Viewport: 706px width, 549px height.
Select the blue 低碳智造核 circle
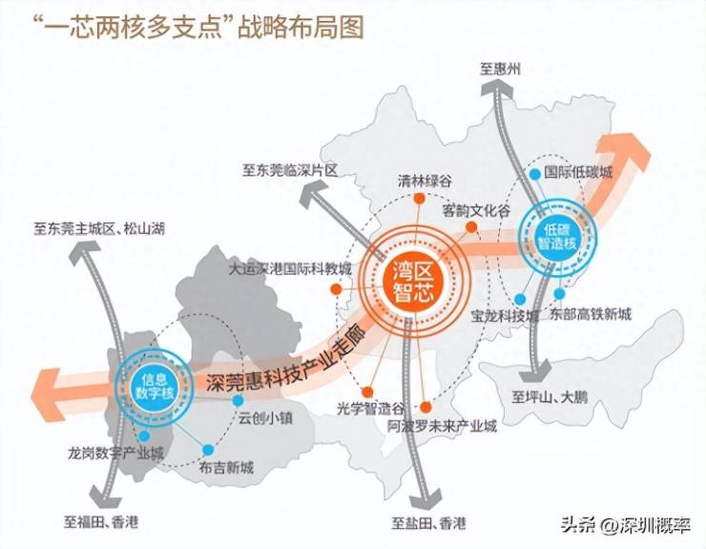557,236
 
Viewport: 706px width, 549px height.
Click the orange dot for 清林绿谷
419,199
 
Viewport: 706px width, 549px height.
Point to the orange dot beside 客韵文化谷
471,227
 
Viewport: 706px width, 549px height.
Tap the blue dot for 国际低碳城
535,174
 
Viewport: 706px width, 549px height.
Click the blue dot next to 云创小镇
239,400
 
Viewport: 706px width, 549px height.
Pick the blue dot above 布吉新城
208,450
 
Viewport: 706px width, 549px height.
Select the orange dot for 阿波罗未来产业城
426,408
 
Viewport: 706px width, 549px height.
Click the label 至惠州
500,69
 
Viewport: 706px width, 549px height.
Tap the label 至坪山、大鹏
550,397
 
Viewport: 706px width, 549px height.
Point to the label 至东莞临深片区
290,170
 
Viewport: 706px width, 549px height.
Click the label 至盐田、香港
428,523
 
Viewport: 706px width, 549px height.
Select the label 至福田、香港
101,522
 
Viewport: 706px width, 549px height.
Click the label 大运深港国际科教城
289,269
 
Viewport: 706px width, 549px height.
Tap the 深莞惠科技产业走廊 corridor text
285,364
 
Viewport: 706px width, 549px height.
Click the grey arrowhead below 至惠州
497,87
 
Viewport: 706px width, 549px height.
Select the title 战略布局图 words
301,28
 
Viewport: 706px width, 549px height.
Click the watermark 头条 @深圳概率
626,525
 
